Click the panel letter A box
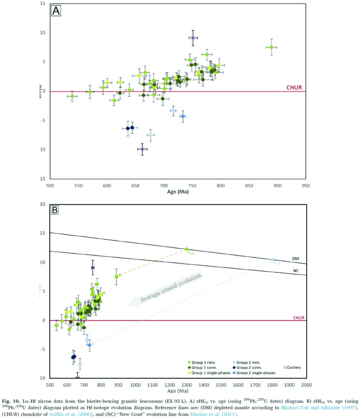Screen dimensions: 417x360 56,11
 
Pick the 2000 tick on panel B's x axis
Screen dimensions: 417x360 306,384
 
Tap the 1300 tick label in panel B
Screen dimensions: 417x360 186,384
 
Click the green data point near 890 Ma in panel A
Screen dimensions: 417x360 271,47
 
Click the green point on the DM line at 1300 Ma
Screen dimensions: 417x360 187,249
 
